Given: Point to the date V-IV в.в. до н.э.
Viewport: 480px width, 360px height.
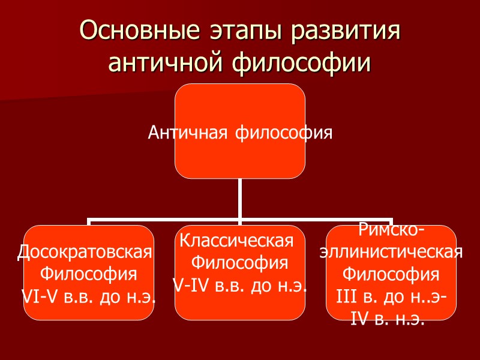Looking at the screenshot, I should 239,285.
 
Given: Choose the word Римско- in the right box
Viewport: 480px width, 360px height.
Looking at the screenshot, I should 392,230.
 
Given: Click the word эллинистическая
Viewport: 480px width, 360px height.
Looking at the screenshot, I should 391,252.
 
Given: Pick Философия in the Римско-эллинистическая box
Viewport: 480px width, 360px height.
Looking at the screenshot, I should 391,274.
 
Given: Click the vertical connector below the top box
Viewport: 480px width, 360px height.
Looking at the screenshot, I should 239,198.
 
